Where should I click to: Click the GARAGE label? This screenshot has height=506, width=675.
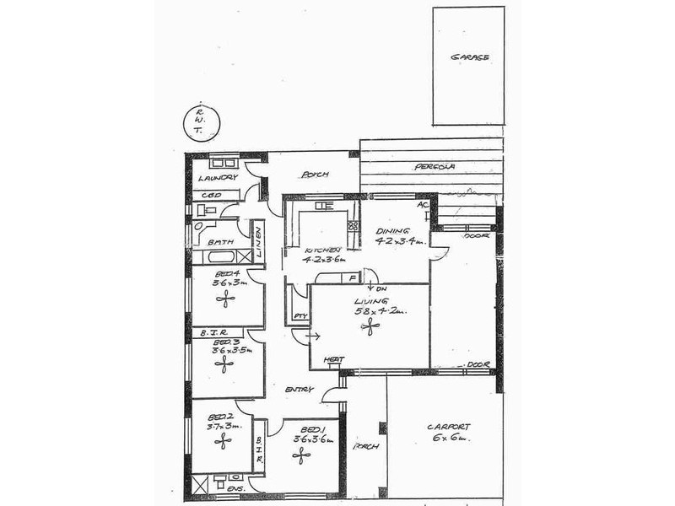point(469,57)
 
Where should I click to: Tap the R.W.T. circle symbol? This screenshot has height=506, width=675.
point(199,121)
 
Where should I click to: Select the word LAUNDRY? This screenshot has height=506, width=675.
point(218,179)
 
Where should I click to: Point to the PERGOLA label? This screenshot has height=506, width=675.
point(435,167)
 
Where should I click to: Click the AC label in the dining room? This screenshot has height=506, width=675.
point(424,205)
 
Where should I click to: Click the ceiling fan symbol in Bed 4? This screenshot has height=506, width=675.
point(224,299)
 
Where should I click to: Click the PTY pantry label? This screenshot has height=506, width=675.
point(299,316)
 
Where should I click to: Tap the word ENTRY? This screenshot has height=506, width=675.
point(300,390)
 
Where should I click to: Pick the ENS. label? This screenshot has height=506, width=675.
point(239,488)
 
